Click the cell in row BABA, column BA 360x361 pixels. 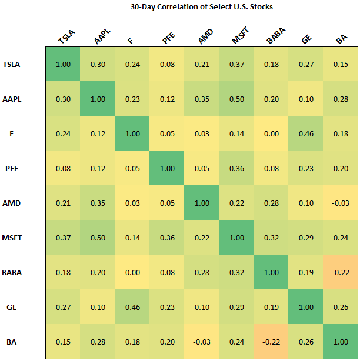tap(341, 272)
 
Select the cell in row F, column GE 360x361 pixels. tap(306, 133)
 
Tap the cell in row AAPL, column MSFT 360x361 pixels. tap(236, 98)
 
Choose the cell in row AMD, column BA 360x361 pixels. tap(341, 202)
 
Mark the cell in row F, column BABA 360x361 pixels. tap(271, 133)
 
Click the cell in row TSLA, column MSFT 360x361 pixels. tap(236, 63)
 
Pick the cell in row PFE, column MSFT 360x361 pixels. tap(236, 168)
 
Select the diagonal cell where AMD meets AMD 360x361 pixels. tap(202, 202)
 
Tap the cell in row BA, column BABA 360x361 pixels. tap(271, 341)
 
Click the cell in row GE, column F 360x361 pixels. tap(132, 306)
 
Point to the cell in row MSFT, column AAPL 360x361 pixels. tap(98, 237)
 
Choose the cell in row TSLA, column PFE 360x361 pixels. tap(167, 63)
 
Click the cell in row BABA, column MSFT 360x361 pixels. tap(236, 272)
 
